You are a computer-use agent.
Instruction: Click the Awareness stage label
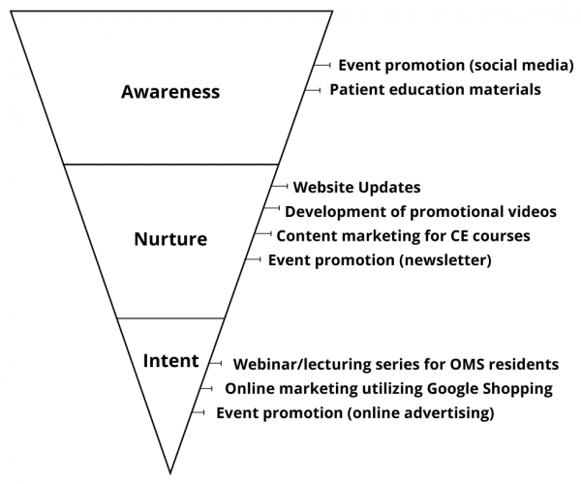(x=170, y=91)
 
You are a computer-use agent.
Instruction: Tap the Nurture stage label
(x=170, y=239)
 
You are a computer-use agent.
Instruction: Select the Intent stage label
(x=170, y=360)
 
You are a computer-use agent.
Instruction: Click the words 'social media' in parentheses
(x=521, y=65)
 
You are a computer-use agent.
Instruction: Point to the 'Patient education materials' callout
(x=436, y=90)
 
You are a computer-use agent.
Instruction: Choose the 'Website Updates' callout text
(x=356, y=188)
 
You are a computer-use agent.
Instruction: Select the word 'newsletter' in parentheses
(x=445, y=260)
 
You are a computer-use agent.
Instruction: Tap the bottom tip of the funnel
(x=170, y=473)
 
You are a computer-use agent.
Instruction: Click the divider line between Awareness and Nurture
(x=170, y=164)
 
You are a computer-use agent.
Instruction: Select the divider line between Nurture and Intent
(x=170, y=318)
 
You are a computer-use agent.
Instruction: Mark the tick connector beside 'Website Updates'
(x=279, y=186)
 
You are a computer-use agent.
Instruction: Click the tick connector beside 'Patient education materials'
(x=313, y=90)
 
